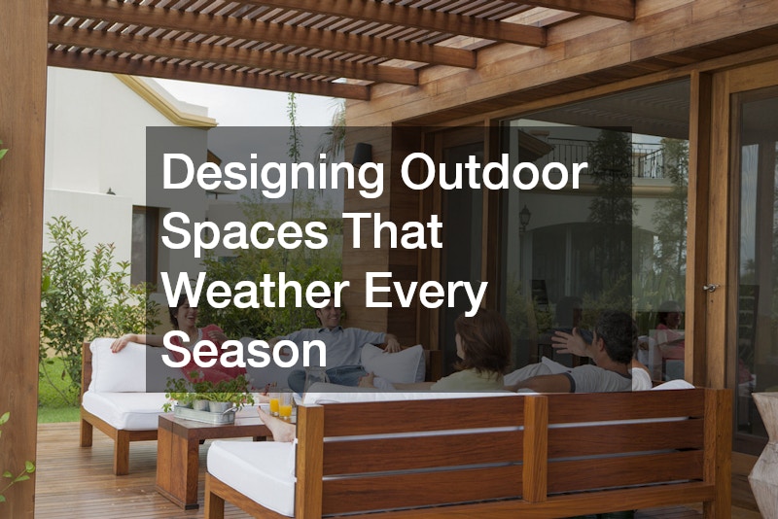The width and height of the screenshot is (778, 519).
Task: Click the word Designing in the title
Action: click(273, 173)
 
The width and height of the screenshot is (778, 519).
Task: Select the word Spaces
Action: click(244, 231)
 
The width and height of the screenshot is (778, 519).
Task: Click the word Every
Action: click(426, 293)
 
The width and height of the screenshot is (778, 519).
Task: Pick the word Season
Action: click(244, 350)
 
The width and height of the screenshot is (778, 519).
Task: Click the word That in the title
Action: click(392, 230)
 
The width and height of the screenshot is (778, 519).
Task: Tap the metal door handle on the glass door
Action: click(712, 287)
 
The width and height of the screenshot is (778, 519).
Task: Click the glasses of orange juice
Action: click(280, 405)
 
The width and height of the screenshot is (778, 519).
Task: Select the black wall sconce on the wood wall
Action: click(363, 154)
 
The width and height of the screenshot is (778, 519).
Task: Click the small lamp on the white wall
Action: click(110, 191)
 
